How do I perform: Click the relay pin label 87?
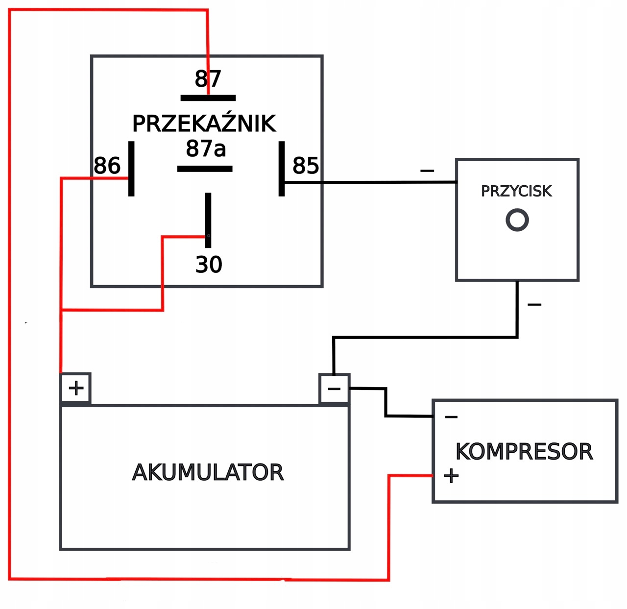click(208, 79)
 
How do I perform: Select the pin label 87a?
click(206, 148)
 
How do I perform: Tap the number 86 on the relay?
click(107, 166)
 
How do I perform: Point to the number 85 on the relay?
click(306, 166)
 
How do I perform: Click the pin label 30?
click(209, 265)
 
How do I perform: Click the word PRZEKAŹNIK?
click(204, 123)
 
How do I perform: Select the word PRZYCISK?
click(516, 191)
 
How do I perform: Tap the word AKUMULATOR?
click(208, 472)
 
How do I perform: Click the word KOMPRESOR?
click(524, 451)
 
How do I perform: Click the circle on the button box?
click(517, 219)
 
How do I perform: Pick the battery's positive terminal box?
click(75, 388)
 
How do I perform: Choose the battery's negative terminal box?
click(334, 389)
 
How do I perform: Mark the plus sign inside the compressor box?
click(451, 476)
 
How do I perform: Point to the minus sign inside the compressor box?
click(451, 417)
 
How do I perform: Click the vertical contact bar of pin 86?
click(131, 169)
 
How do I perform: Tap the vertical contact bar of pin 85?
click(282, 169)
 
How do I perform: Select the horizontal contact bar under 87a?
click(205, 169)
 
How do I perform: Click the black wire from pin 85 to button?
click(372, 183)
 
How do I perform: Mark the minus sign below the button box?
click(534, 305)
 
